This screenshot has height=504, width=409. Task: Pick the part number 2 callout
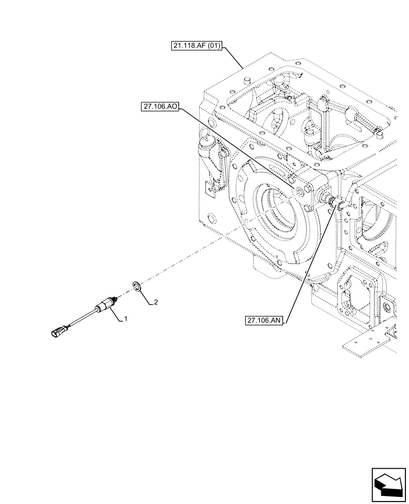(x=156, y=302)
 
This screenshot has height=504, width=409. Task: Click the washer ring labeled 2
(x=137, y=287)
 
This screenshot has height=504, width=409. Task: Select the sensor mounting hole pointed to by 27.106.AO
(x=300, y=190)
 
